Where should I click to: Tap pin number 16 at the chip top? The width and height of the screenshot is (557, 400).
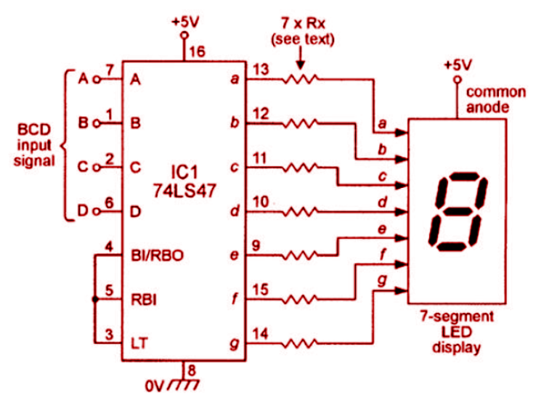(196, 52)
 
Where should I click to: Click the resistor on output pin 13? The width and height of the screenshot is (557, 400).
(299, 79)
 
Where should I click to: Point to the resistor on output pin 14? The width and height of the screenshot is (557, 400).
(299, 340)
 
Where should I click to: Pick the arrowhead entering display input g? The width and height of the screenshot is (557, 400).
(401, 291)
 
